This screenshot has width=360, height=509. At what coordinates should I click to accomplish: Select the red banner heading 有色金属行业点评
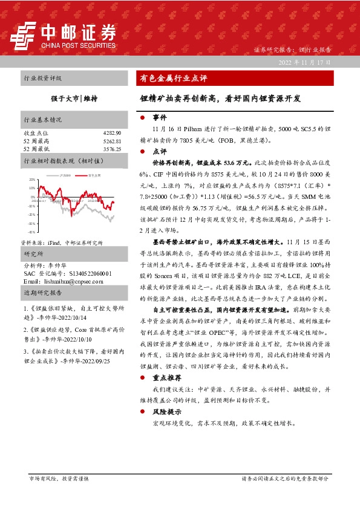(174, 78)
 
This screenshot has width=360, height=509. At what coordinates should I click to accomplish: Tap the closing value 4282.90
(112, 132)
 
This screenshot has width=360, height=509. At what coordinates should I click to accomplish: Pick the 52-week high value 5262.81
(112, 141)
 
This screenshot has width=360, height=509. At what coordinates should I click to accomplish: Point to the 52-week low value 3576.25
(112, 149)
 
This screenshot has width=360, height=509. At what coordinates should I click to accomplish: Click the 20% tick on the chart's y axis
(31, 180)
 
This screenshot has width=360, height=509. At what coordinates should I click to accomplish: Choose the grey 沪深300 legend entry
(65, 175)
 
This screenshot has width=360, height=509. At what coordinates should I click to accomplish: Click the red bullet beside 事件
(142, 118)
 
